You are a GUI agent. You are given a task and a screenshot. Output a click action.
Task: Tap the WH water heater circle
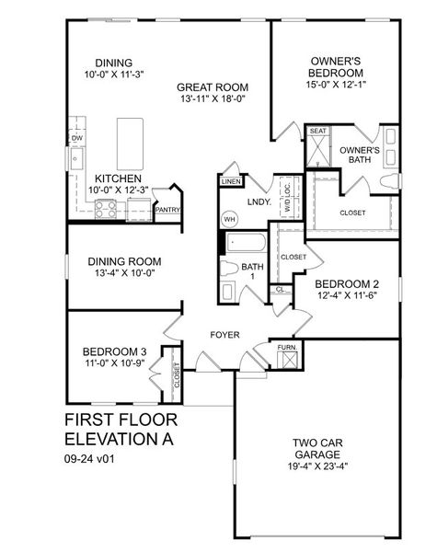coord(228,220)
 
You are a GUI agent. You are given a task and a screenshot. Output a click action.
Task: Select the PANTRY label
coord(167,210)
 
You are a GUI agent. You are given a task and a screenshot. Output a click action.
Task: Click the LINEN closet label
coord(231,182)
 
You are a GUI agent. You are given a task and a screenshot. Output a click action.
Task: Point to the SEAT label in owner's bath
coord(319,132)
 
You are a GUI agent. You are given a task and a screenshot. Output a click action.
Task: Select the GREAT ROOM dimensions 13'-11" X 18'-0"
coord(212,98)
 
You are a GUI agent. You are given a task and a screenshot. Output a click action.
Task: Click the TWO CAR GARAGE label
coord(319,446)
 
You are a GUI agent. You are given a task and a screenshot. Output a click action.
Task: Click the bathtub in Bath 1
coord(245,245)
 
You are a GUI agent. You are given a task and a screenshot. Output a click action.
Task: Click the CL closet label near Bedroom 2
coord(280,290)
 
